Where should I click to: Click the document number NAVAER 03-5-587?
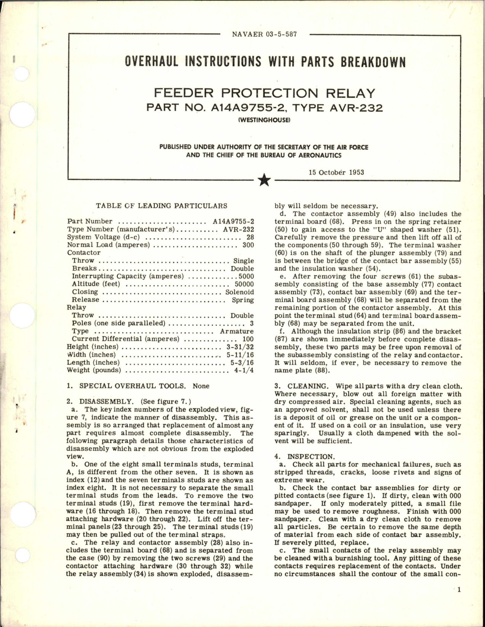pos(264,34)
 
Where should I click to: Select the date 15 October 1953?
pos(336,172)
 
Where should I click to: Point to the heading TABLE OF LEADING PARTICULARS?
pos(162,206)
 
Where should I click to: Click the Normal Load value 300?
pos(248,245)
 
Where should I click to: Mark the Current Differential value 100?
pos(248,339)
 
